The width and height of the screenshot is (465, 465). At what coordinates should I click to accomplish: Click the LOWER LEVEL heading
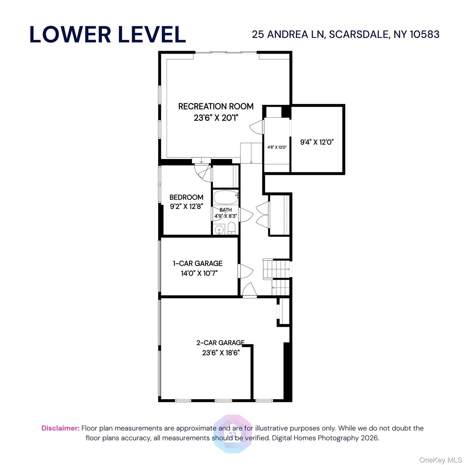tap(107, 34)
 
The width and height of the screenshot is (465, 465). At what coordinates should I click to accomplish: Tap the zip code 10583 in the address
tap(424, 34)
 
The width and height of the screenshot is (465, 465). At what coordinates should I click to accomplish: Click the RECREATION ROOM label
tap(216, 106)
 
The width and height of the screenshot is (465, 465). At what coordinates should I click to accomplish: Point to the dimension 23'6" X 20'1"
tap(216, 117)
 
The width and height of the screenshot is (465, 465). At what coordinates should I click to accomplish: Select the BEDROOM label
tap(186, 197)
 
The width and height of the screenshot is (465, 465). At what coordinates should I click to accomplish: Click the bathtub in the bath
tap(226, 198)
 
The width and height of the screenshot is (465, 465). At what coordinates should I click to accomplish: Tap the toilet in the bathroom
tap(231, 229)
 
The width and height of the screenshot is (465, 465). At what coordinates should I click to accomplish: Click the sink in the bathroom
tap(219, 230)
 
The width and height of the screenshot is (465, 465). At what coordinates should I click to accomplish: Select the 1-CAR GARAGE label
tap(197, 263)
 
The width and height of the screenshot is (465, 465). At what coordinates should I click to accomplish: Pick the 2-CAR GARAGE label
tap(220, 343)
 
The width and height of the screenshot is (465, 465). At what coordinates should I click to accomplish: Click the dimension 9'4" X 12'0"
tap(317, 142)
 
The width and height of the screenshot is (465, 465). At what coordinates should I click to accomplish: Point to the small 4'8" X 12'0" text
tap(277, 147)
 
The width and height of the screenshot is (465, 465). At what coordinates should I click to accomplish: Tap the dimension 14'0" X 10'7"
tap(199, 273)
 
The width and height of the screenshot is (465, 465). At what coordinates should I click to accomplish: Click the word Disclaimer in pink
tap(60, 428)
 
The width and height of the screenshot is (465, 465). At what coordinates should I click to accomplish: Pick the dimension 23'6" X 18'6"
tap(221, 353)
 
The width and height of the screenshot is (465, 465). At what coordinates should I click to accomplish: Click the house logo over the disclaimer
tap(232, 434)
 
